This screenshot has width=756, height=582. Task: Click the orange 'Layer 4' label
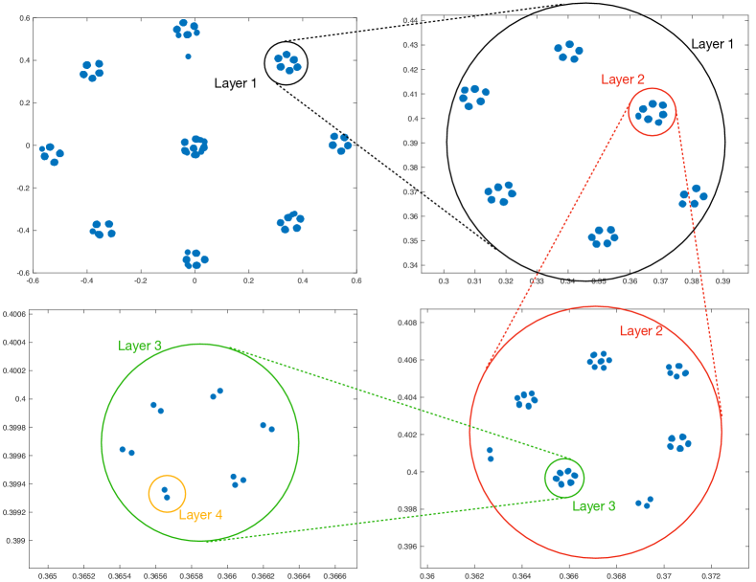coord(199,515)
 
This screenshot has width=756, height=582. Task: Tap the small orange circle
coord(167,494)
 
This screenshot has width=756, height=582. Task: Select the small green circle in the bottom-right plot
coord(564,478)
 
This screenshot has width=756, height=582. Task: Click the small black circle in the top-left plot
coord(286,63)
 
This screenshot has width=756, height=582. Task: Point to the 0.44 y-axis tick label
coord(410,21)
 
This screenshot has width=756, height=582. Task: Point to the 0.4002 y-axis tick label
coord(18,370)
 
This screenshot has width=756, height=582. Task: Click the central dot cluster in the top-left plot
coord(194,146)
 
